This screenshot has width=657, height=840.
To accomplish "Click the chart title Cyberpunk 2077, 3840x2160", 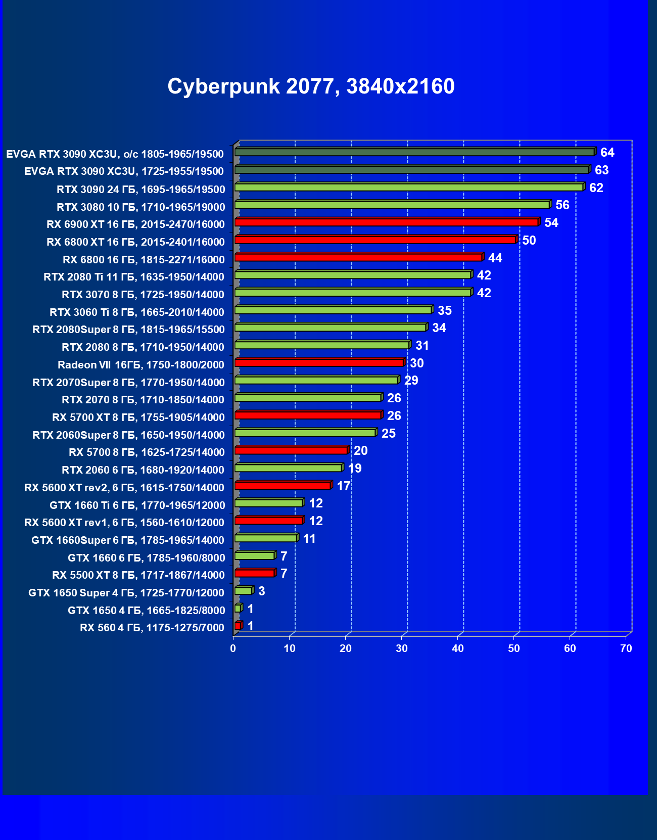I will [x=311, y=86].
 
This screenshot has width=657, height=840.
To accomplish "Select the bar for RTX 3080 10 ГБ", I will [x=392, y=205].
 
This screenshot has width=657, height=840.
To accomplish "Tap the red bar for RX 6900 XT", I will [x=387, y=222].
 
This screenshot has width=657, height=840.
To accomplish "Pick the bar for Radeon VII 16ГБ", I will [x=319, y=362].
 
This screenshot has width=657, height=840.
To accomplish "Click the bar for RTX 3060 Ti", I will [x=333, y=310].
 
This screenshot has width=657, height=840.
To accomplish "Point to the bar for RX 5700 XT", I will [x=308, y=415].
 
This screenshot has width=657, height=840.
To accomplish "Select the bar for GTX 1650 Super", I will [x=244, y=591].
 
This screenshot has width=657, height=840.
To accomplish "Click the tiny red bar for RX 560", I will [x=238, y=626].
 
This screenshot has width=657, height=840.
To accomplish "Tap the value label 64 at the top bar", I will [x=607, y=153].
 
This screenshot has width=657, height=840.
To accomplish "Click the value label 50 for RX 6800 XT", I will [x=529, y=240].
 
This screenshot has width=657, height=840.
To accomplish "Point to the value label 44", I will [x=495, y=258].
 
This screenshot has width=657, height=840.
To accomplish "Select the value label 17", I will [x=343, y=486].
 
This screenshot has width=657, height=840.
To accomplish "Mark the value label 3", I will [x=261, y=591].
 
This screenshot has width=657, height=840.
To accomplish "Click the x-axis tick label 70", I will [x=626, y=648].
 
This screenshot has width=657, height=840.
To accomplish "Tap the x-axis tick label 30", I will [x=401, y=648].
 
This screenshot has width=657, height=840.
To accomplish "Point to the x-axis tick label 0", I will [x=233, y=648].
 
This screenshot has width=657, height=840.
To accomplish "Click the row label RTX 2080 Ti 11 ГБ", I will [x=134, y=277].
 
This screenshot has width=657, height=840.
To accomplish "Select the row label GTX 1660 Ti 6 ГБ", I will [x=137, y=505].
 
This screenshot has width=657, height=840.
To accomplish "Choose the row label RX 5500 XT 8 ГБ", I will [x=138, y=575].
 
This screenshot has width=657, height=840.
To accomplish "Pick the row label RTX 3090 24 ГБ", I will [x=140, y=190].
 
